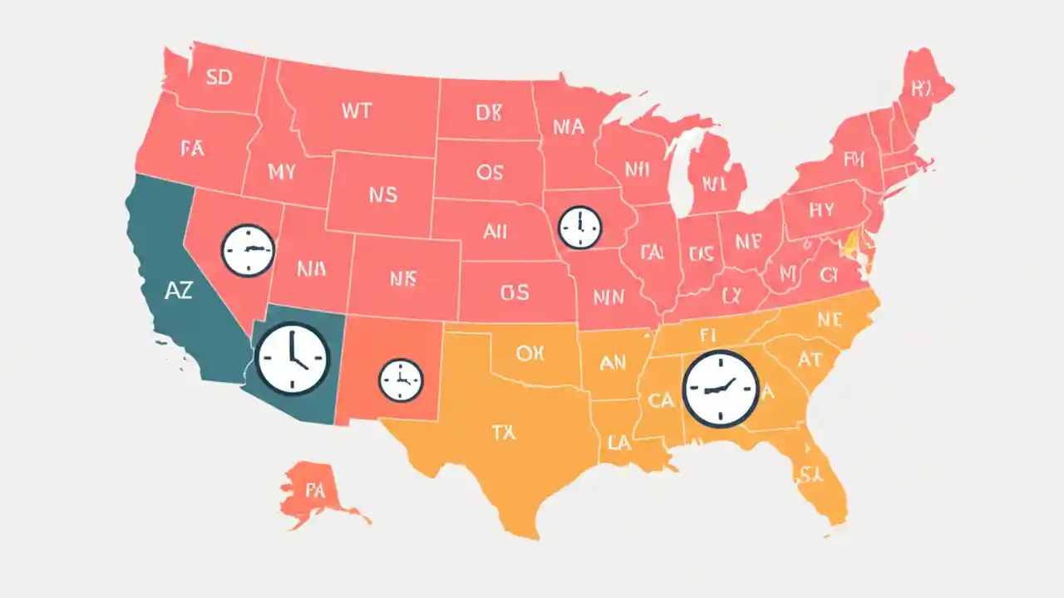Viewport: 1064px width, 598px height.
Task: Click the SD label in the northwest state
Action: (x=219, y=78)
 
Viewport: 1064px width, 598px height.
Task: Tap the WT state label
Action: (x=356, y=111)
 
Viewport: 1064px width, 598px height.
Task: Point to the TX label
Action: (x=504, y=431)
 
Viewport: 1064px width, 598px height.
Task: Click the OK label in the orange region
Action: (x=530, y=353)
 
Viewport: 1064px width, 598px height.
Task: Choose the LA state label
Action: (x=619, y=444)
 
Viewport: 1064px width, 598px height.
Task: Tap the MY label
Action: (x=282, y=172)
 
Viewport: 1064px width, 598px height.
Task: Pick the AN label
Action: (x=613, y=362)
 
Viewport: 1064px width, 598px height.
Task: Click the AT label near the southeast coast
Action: (x=809, y=359)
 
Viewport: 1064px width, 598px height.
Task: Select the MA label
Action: (x=568, y=127)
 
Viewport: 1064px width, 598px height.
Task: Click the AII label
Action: (x=495, y=232)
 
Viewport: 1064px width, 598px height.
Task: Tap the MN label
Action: (x=608, y=295)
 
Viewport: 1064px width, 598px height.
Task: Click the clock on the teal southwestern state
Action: (x=293, y=358)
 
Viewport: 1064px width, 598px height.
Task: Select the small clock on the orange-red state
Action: (x=401, y=380)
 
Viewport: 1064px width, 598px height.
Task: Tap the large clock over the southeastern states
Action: (x=721, y=389)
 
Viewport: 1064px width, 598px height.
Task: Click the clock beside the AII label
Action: (x=579, y=227)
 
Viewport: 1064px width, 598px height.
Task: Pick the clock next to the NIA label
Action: (x=248, y=250)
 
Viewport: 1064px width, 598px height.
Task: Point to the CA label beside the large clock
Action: (x=661, y=400)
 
